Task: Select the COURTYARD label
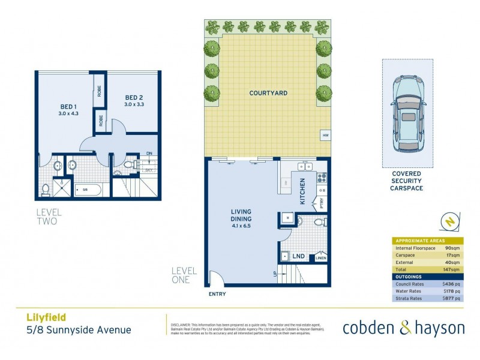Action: tap(268, 93)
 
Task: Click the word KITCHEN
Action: tap(303, 192)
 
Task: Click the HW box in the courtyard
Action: tap(325, 135)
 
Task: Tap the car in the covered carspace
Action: tap(407, 115)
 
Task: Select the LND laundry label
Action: tap(298, 256)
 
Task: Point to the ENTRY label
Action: tap(217, 294)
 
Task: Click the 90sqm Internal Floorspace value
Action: tap(452, 247)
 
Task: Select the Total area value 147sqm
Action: tap(451, 269)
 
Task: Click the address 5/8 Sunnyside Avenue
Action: tap(78, 329)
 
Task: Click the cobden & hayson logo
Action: tap(403, 328)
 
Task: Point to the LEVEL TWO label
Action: tap(49, 217)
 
